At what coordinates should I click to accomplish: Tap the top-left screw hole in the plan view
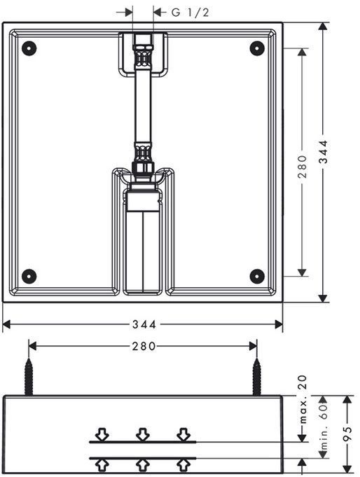pos(29,48)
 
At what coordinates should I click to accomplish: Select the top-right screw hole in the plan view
pos(257,48)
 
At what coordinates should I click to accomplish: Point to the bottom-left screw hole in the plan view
pos(29,275)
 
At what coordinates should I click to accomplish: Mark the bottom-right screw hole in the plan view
pos(257,275)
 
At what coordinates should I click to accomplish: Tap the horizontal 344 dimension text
pos(144,324)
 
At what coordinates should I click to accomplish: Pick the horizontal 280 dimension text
pos(144,346)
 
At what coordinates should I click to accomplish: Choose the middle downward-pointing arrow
pos(143,434)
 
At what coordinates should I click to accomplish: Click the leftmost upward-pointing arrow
pos(102,464)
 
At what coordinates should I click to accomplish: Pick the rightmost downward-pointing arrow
pos(184,434)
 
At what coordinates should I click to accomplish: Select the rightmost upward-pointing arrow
pos(184,464)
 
